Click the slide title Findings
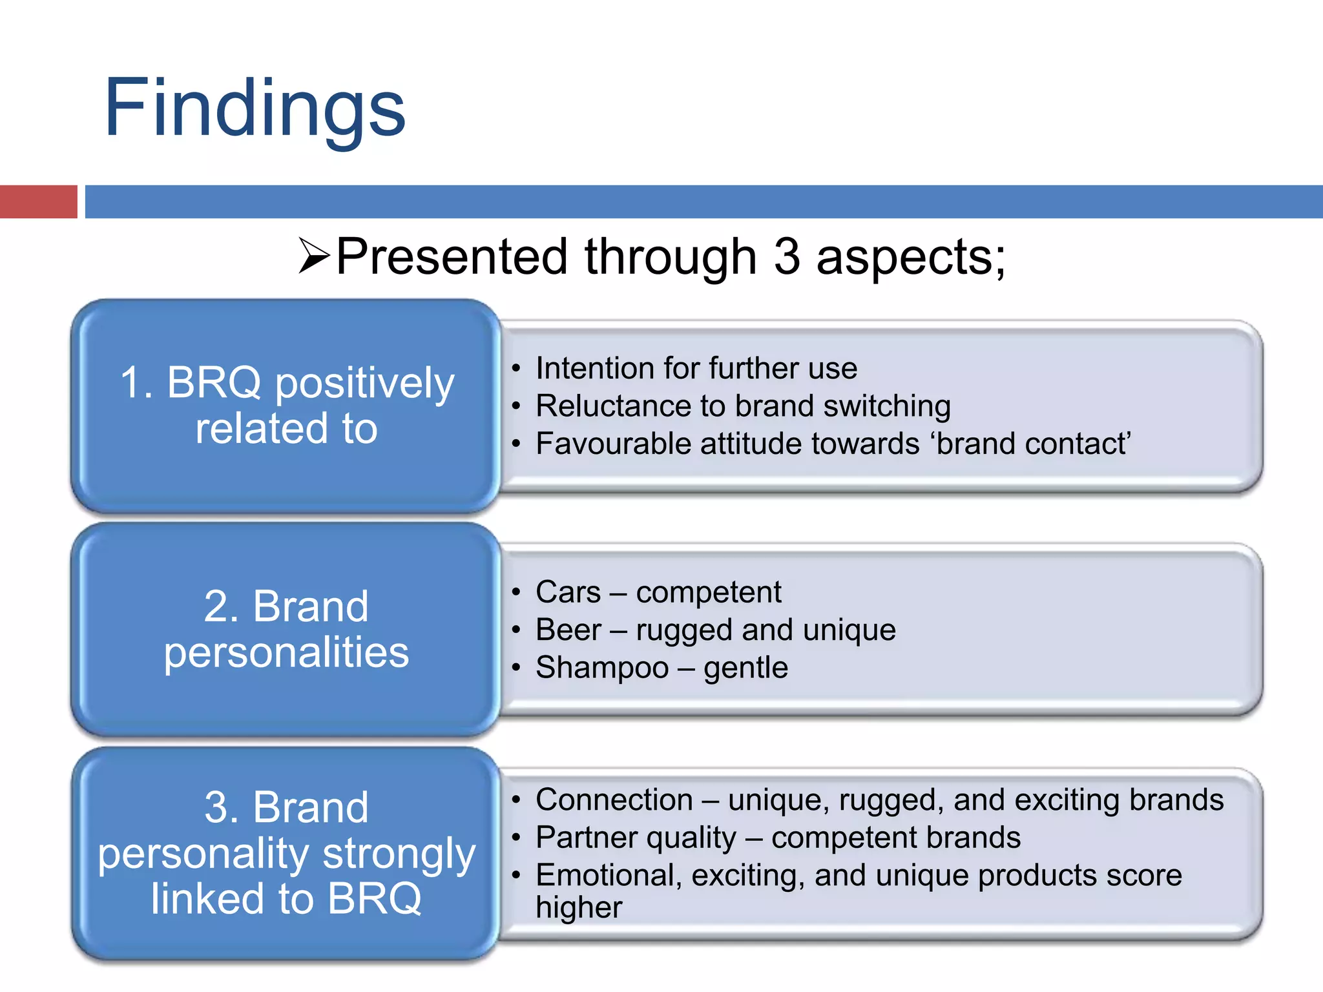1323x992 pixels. (255, 108)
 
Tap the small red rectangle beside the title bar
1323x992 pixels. (38, 201)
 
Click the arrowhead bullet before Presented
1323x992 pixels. (315, 256)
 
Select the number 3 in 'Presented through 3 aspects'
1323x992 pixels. (786, 257)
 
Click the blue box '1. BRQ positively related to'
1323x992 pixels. (286, 406)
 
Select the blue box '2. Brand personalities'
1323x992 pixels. (286, 629)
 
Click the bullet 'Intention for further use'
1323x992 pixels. (696, 368)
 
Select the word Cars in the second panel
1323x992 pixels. (568, 592)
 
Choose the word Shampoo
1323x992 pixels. (602, 667)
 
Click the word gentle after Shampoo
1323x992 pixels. (745, 667)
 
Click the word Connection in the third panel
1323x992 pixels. (614, 800)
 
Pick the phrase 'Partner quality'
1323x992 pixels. (636, 838)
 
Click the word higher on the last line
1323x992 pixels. (578, 907)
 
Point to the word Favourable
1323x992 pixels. (613, 444)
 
